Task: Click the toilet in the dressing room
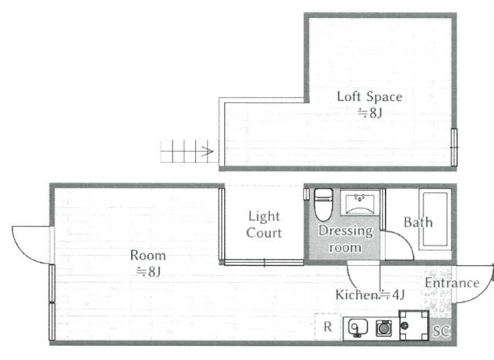323,204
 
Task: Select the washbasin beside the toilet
360,202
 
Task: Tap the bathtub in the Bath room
435,219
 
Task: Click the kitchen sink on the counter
358,328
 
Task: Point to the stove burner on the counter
384,328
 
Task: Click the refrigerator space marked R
327,327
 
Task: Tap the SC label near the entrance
441,331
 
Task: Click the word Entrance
452,283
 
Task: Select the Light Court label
264,225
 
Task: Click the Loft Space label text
370,97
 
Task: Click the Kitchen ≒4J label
370,295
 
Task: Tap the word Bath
418,222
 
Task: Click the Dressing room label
346,239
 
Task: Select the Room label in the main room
148,256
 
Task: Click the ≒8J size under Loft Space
370,113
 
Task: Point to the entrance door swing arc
481,294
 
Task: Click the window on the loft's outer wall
454,148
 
